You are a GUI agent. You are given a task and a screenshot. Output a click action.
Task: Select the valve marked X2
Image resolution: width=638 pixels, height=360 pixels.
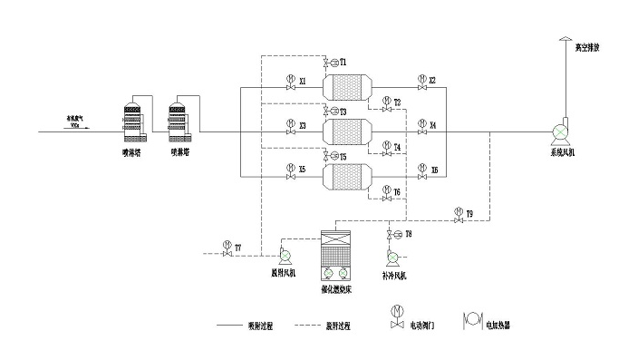coord(420,83)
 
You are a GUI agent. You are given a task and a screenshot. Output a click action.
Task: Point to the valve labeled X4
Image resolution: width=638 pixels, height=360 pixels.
coord(420,127)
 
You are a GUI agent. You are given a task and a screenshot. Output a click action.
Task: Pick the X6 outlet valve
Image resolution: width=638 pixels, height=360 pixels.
coord(420,171)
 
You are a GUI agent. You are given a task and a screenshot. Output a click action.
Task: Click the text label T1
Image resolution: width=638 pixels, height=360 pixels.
coord(344,62)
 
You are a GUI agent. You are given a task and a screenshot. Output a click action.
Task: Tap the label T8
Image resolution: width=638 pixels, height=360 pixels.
coord(409,235)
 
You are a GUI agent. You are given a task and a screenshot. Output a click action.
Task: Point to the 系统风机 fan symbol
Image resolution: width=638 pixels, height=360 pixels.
coord(562,131)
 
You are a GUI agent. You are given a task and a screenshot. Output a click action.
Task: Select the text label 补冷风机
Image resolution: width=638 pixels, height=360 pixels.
coord(394,274)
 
